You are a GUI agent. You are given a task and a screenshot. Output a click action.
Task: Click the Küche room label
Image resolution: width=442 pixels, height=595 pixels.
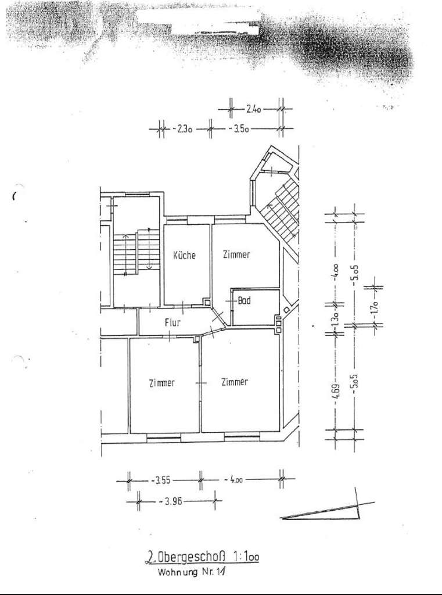[x=184, y=255]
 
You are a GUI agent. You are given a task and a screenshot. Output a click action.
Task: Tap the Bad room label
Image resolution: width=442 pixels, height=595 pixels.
[x=245, y=301]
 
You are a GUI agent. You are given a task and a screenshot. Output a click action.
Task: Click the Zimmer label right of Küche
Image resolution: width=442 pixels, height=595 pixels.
[x=236, y=255]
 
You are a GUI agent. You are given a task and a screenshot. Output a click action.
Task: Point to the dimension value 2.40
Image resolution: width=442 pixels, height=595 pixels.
[x=254, y=108]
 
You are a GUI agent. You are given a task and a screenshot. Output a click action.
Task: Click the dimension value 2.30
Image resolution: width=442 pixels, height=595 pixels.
[x=182, y=130]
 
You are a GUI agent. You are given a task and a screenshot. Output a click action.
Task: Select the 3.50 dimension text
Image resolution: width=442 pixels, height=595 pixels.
[x=239, y=130]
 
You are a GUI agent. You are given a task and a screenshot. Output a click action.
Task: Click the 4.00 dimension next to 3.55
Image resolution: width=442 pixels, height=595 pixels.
[x=236, y=480]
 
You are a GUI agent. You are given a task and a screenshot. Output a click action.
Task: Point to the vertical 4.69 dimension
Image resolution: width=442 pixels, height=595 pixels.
[x=336, y=388]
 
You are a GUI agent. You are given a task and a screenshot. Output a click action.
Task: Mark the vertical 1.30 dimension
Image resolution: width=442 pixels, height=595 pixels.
[x=335, y=321]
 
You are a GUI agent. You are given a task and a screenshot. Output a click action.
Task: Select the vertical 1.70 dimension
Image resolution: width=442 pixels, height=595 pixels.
[x=375, y=306]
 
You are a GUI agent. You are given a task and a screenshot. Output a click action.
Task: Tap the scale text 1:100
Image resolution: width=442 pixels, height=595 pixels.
[x=244, y=557]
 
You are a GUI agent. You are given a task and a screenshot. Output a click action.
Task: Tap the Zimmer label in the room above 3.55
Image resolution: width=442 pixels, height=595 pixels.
[x=161, y=383]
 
